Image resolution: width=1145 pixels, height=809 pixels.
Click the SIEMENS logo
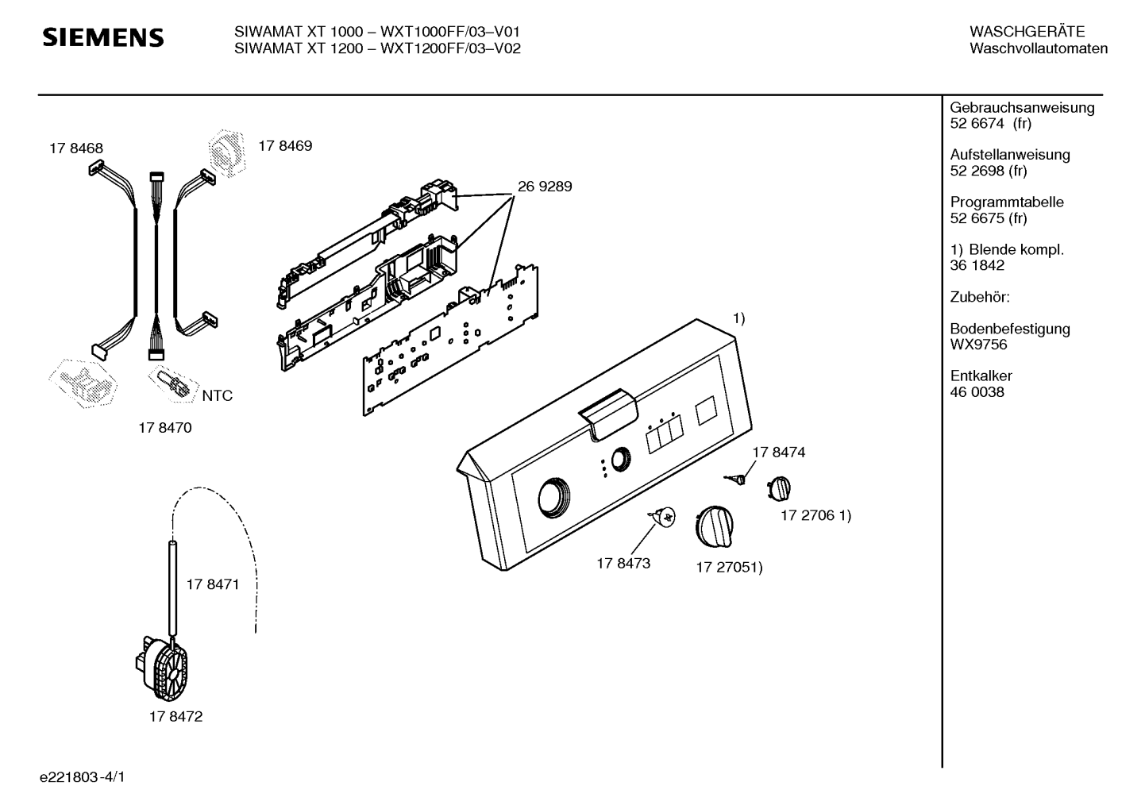point(103,38)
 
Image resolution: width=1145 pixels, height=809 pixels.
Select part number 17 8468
point(76,148)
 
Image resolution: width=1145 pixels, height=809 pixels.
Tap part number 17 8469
point(285,146)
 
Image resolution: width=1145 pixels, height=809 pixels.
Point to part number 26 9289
point(545,187)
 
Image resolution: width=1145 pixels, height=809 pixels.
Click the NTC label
point(218,395)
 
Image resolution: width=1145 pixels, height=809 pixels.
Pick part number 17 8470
point(165,427)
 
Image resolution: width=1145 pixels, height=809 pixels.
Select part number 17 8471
point(213,584)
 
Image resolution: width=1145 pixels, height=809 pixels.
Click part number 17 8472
point(175,716)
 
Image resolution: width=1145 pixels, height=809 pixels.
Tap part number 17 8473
point(623,563)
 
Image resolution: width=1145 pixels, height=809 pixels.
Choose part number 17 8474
point(778,453)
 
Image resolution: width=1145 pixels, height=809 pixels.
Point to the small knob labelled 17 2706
point(779,488)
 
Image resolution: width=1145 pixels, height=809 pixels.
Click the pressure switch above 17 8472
point(161,668)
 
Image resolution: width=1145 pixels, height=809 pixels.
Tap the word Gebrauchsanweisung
point(1023,108)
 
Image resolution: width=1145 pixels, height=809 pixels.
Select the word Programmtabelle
point(1007,202)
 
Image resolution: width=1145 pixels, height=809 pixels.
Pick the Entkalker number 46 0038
point(977,392)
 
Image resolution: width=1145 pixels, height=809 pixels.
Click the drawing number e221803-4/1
point(83,777)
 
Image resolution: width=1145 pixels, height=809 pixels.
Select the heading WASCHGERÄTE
point(1027,32)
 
